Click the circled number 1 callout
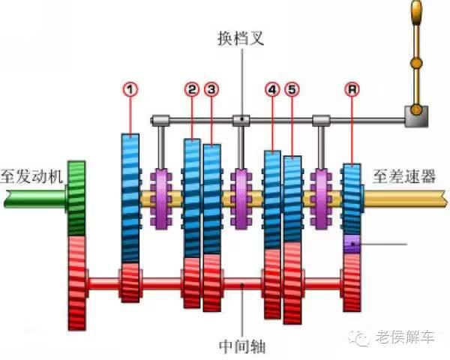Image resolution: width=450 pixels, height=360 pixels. [x=131, y=89]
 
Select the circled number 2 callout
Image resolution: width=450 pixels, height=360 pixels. [x=192, y=89]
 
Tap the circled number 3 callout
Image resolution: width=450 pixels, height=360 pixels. [x=212, y=89]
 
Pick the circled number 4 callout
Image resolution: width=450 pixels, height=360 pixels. [x=271, y=89]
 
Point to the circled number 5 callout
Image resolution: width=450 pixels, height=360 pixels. [x=292, y=89]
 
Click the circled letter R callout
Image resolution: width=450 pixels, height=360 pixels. [x=352, y=89]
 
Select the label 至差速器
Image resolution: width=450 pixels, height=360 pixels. [x=403, y=177]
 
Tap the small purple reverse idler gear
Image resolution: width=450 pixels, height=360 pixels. [x=352, y=244]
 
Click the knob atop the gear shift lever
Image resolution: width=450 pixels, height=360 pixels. [x=417, y=10]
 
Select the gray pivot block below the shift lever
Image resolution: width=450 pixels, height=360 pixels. [x=415, y=114]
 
